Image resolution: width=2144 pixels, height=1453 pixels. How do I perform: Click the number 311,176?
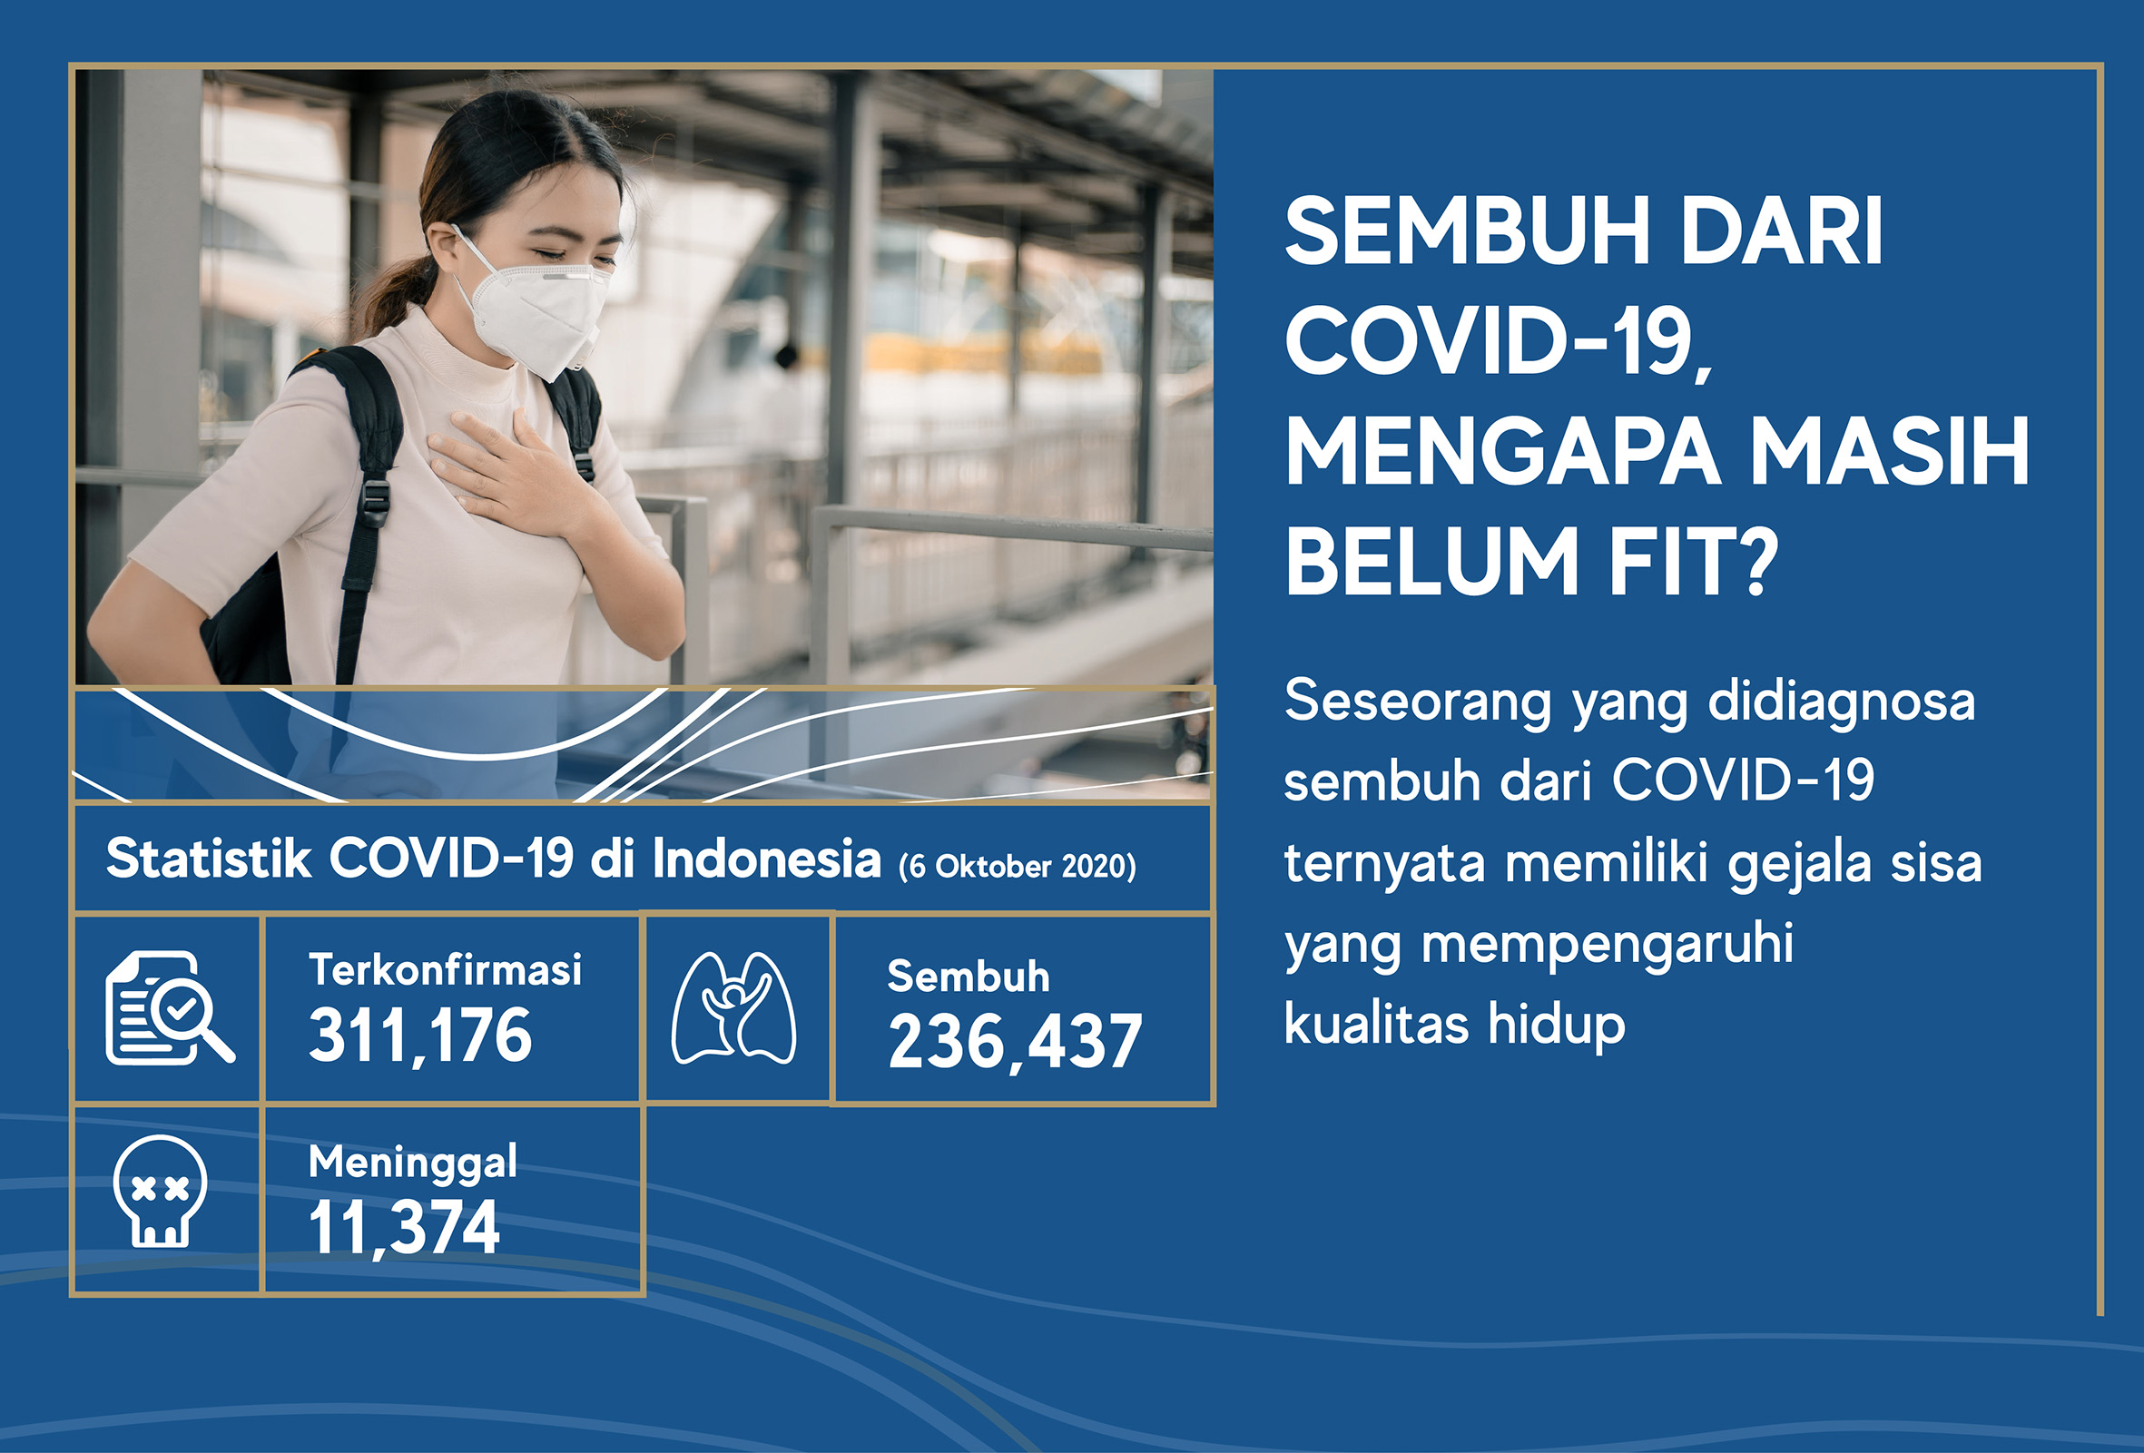tap(420, 1036)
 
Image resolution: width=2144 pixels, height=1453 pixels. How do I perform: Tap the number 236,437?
tap(1015, 1043)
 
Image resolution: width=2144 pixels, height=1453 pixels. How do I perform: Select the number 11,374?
tap(404, 1228)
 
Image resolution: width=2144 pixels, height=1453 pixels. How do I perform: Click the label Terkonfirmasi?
tap(446, 969)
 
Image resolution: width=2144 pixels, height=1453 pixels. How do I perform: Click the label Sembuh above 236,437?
tap(969, 976)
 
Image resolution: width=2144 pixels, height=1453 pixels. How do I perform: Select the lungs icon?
tap(734, 1008)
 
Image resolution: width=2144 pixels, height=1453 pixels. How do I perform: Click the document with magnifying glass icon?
tap(170, 1007)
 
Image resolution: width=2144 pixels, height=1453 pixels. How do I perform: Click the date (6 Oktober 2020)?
tap(1018, 867)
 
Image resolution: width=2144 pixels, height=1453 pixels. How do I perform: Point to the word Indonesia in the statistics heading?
tap(767, 859)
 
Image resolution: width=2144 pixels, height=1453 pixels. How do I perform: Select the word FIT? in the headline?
tap(1694, 561)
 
